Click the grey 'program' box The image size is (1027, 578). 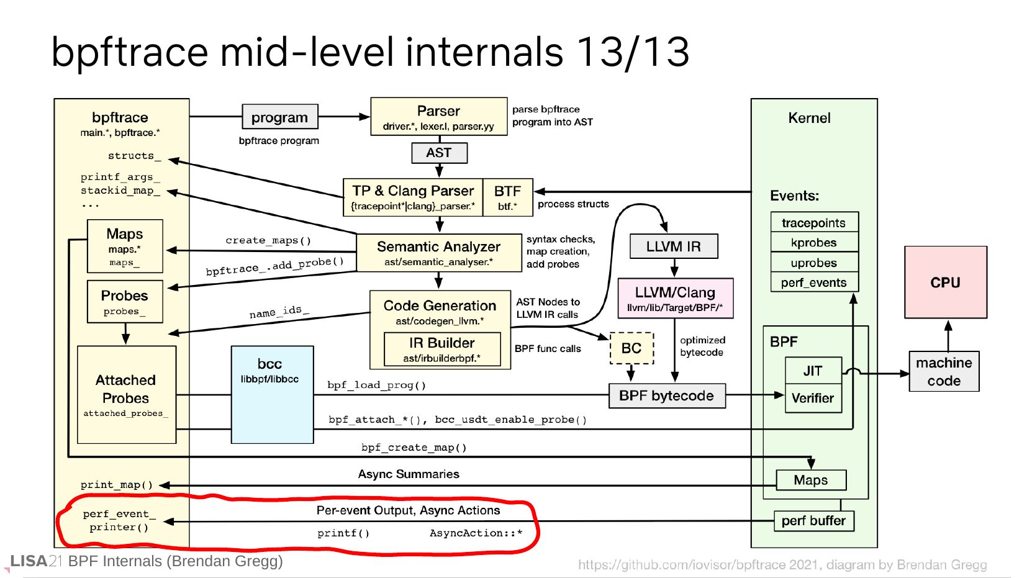279,117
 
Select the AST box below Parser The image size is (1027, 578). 439,153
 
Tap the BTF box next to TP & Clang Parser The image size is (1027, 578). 507,197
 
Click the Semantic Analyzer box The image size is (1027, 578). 438,253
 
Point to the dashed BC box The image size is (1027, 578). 631,348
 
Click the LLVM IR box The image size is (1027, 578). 673,246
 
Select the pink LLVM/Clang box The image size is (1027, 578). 675,299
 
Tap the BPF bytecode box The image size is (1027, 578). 667,396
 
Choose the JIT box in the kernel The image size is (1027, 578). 813,371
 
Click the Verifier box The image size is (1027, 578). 813,399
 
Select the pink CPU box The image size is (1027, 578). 945,282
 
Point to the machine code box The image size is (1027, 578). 944,371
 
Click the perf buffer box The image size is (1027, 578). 813,521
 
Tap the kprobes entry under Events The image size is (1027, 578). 814,243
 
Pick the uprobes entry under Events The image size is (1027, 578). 814,263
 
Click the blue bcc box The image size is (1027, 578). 272,395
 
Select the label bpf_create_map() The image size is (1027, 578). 414,447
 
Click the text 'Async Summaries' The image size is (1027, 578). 409,474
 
